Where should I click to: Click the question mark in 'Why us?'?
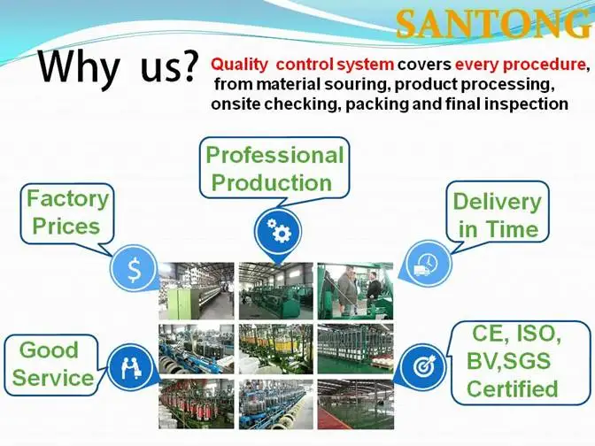(187, 65)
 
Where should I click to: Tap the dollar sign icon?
(134, 268)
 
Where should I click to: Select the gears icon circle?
(278, 232)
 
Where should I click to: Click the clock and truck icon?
(428, 264)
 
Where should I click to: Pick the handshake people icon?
(130, 367)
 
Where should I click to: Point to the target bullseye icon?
(423, 366)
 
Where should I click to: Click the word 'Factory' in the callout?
(68, 199)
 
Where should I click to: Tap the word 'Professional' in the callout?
(274, 156)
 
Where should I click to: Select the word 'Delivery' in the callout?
(497, 202)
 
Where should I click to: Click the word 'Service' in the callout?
(53, 378)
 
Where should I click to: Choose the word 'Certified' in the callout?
(513, 388)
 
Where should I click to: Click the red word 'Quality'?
(239, 65)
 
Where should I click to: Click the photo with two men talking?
(356, 291)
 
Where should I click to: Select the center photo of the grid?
(276, 349)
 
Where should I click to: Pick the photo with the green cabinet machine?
(197, 291)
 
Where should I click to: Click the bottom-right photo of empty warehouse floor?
(356, 404)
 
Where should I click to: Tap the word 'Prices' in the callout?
(66, 227)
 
